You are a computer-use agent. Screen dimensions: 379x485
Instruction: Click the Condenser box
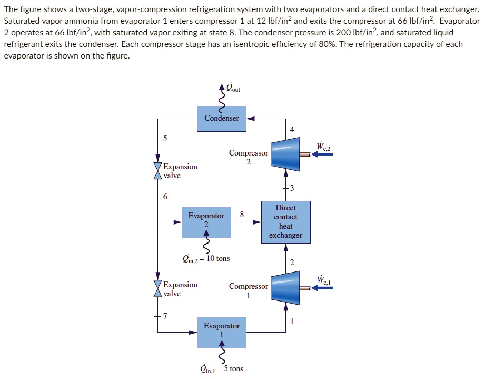221,118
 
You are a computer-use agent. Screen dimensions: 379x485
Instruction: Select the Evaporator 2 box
206,222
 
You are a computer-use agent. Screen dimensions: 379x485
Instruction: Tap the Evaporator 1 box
221,332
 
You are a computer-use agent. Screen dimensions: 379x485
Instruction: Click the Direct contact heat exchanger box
285,221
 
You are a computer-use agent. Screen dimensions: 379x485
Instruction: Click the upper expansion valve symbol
157,171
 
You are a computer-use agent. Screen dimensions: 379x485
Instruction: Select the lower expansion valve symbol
157,289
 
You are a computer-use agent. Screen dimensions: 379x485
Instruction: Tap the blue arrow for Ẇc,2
322,154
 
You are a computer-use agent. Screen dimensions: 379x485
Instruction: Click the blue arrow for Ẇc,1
322,288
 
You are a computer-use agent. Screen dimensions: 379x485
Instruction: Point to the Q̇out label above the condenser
232,88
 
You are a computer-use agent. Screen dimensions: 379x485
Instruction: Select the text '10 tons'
217,258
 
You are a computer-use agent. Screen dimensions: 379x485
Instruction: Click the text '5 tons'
233,368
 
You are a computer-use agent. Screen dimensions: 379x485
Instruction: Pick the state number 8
242,214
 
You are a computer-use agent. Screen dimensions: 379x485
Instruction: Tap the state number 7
165,316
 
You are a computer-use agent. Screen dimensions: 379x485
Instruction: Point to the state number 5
165,139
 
